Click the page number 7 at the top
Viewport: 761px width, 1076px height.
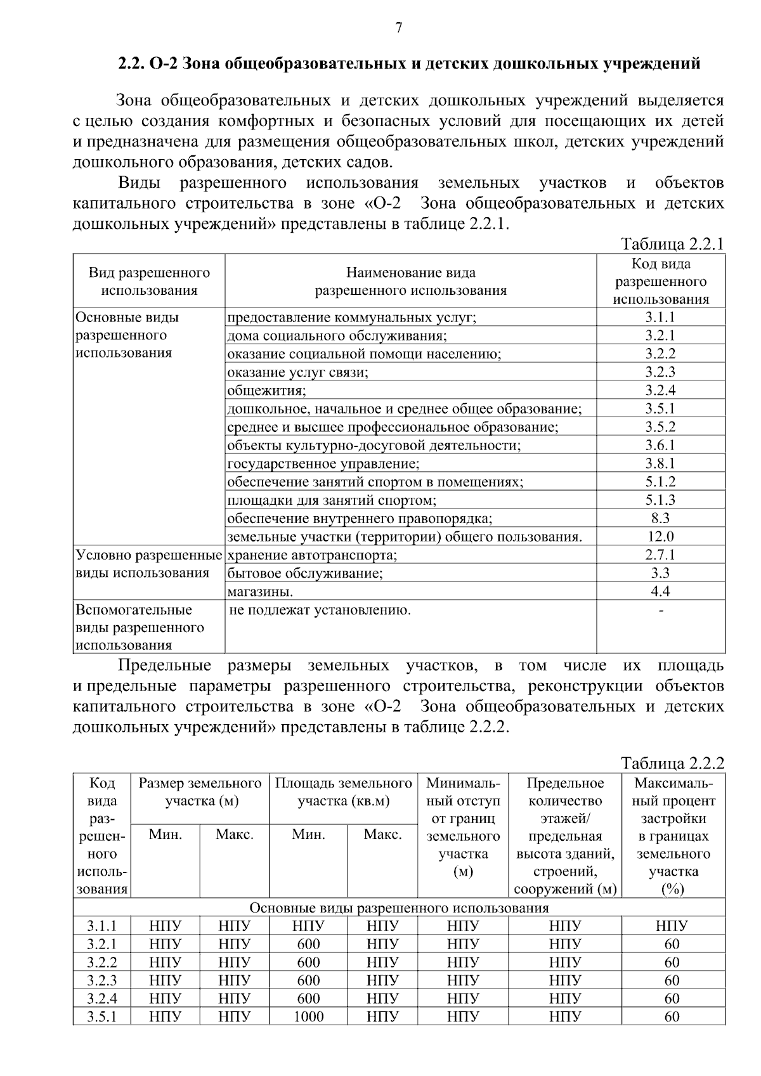[399, 28]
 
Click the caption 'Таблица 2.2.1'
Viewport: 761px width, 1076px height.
[672, 244]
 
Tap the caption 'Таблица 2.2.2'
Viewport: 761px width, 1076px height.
[672, 762]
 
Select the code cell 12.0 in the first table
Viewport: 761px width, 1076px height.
[660, 536]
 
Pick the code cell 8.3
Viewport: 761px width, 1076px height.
[660, 518]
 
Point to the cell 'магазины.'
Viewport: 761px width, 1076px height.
[260, 592]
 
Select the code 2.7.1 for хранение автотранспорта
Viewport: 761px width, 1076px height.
[660, 555]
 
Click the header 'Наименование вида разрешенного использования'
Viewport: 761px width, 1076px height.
[411, 282]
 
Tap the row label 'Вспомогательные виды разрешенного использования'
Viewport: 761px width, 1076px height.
[140, 627]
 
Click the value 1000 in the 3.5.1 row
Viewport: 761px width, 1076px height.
[308, 1016]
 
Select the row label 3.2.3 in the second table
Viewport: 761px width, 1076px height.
[101, 980]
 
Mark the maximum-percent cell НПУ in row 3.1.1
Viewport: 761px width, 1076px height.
[672, 925]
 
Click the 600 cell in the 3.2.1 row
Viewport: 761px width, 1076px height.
[308, 943]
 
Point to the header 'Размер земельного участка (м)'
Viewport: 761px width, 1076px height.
[200, 791]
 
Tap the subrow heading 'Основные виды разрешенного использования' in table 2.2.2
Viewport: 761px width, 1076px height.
[399, 907]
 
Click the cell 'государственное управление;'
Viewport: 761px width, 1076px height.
[323, 463]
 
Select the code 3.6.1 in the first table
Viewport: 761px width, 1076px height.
[660, 445]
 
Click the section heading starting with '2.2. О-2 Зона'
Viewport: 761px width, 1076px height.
[409, 64]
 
